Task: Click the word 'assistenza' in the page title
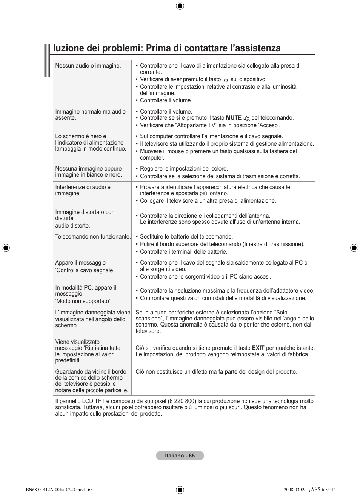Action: [x=257, y=48]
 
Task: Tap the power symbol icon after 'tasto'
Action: [x=226, y=80]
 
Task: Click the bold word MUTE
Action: [x=234, y=118]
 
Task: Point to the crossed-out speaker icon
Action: [x=246, y=118]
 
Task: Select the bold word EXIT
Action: [x=258, y=348]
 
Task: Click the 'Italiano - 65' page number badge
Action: [x=180, y=456]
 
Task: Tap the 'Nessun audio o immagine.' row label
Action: [x=88, y=66]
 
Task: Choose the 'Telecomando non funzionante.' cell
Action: [x=93, y=237]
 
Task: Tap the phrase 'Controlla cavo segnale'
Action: [x=85, y=270]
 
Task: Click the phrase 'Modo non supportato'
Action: [x=83, y=301]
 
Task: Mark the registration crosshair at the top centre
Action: [x=180, y=6]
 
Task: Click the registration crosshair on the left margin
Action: [x=6, y=248]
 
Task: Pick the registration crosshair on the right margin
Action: [x=354, y=248]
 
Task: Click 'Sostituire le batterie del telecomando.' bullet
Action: [x=186, y=237]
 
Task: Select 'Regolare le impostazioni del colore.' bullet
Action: [x=184, y=169]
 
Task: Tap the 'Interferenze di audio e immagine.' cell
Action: [x=83, y=190]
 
